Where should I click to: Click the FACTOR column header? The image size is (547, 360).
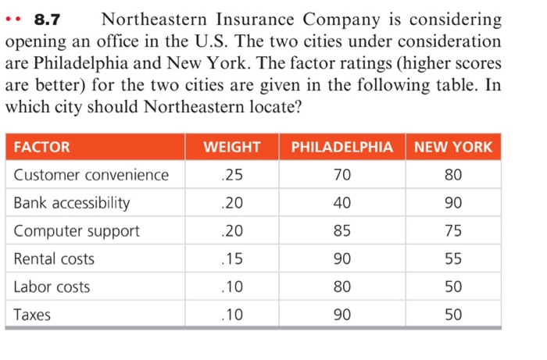[42, 147]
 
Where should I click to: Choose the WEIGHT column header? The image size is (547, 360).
[231, 147]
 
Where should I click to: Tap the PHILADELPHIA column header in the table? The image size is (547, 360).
[341, 147]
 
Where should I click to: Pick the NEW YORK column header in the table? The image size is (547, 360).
[453, 147]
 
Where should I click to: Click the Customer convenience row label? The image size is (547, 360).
[91, 175]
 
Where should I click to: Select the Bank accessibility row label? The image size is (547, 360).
[72, 203]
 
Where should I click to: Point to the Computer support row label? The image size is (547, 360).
[77, 231]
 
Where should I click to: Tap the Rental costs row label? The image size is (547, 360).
[54, 258]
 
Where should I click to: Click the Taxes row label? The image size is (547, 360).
[32, 315]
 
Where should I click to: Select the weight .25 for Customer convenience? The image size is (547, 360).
[231, 175]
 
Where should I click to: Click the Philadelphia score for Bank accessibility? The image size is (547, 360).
[341, 203]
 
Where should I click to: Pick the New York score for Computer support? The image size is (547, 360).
[453, 231]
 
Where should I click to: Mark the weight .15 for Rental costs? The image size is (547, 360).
[231, 258]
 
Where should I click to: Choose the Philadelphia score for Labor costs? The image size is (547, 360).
[341, 287]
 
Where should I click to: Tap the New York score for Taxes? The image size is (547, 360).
[453, 315]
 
